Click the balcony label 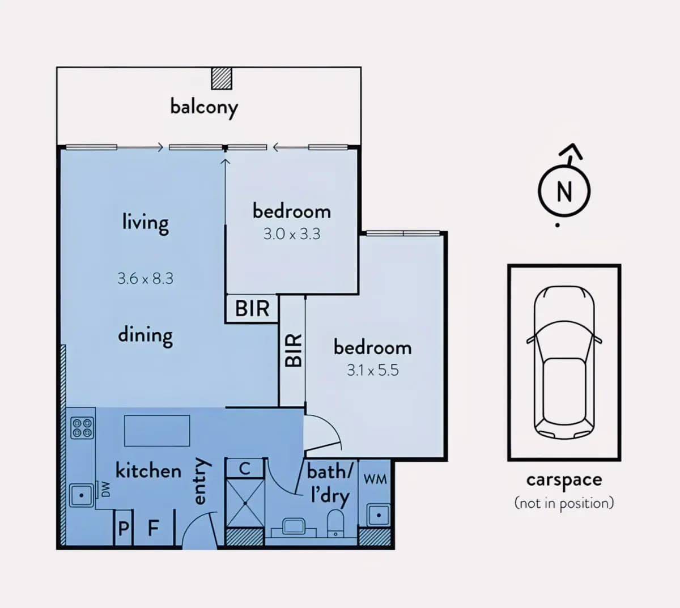[204, 108]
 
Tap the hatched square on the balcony [222, 79]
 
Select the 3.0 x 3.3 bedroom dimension [292, 234]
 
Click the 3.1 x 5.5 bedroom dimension [372, 370]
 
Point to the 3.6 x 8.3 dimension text [145, 278]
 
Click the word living [145, 223]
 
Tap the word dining [145, 335]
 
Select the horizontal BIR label [252, 308]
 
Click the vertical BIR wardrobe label [293, 350]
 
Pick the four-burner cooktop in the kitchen [82, 428]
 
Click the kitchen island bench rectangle [157, 431]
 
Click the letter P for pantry [124, 528]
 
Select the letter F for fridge [154, 528]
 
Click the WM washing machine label [375, 479]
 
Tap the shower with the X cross [245, 503]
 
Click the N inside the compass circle [564, 192]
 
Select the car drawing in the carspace [564, 363]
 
